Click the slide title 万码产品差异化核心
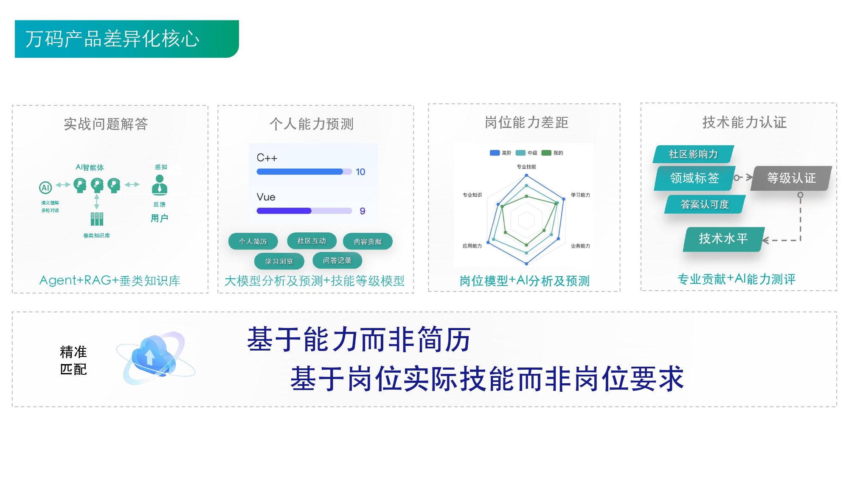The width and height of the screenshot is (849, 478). click(x=112, y=39)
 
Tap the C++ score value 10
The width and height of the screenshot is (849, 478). click(x=360, y=172)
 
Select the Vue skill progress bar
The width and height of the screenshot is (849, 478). click(x=304, y=211)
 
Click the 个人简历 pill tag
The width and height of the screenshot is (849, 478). click(x=253, y=241)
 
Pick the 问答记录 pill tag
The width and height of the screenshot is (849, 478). click(x=337, y=260)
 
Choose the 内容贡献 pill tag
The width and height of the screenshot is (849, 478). click(x=368, y=241)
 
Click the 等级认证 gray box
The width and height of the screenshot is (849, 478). click(x=791, y=178)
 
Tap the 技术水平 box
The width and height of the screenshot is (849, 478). click(x=723, y=239)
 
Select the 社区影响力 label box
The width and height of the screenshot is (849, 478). click(x=693, y=154)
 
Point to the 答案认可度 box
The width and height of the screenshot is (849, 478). click(x=705, y=204)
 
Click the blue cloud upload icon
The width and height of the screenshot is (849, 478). click(x=155, y=357)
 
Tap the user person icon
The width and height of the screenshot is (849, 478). click(x=160, y=185)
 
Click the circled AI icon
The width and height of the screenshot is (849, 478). click(x=45, y=187)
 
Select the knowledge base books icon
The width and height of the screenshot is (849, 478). click(x=97, y=219)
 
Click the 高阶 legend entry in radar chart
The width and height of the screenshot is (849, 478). click(x=500, y=153)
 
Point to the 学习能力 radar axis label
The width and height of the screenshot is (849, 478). click(x=580, y=195)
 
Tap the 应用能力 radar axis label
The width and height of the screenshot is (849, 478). click(x=472, y=246)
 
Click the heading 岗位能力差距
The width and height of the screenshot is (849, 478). click(x=526, y=122)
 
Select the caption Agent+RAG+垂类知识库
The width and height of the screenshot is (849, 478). click(x=110, y=280)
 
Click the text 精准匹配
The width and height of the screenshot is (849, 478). click(x=73, y=360)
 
